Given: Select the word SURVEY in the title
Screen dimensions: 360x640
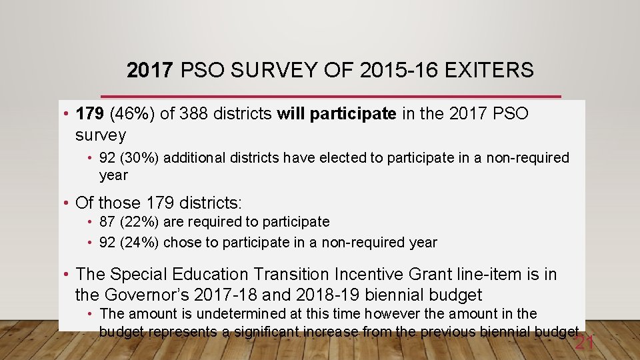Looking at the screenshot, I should (259, 70).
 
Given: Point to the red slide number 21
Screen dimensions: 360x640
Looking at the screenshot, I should (584, 343).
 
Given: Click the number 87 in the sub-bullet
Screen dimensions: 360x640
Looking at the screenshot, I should (107, 221).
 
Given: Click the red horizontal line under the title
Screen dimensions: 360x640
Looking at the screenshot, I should (331, 97).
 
